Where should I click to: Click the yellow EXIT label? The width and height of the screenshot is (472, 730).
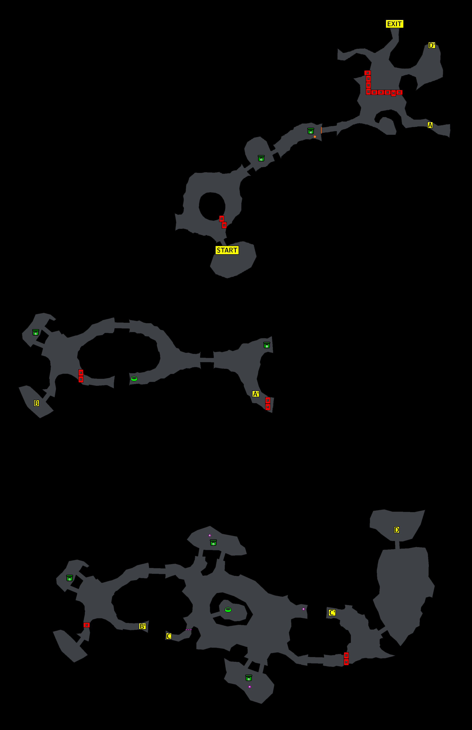tap(394, 24)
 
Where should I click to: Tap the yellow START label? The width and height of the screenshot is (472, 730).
tap(227, 250)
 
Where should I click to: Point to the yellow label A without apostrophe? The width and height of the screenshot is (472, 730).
tap(430, 125)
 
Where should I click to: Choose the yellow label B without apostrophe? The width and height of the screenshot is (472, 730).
tap(36, 403)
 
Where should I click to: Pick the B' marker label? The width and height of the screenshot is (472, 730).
tap(142, 626)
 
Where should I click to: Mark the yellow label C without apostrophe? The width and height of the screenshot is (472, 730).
tap(169, 636)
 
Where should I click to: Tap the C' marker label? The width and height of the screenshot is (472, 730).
tap(332, 613)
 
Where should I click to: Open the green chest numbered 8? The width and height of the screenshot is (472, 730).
tap(267, 345)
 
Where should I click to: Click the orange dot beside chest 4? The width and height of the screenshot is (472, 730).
tap(315, 137)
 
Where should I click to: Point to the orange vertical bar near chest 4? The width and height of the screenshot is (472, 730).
tap(321, 130)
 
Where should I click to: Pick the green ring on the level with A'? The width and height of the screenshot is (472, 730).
tap(134, 379)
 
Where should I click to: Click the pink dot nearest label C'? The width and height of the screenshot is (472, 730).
tap(303, 609)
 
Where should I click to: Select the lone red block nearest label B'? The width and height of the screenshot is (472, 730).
tap(86, 625)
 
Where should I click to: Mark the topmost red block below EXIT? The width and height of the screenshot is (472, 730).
tap(368, 73)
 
